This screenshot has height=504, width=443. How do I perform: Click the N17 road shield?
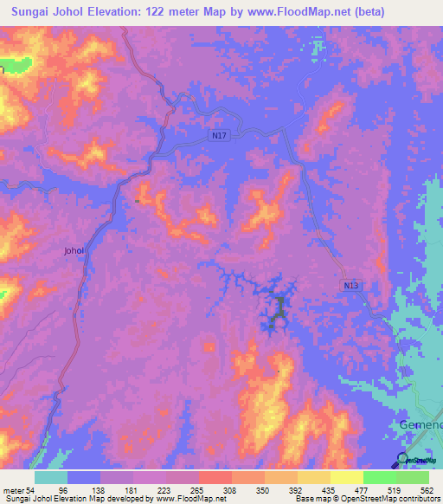[219, 136]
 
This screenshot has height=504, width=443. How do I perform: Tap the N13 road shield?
[350, 286]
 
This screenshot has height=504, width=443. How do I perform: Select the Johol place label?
[74, 251]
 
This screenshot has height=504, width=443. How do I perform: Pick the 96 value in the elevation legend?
[63, 490]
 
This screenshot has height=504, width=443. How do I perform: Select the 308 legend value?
[228, 490]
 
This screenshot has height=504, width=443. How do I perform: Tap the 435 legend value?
[326, 490]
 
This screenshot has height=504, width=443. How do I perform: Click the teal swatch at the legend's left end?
[51, 477]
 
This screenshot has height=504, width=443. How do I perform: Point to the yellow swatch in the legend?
[347, 477]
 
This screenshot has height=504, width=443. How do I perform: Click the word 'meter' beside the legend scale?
[15, 490]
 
